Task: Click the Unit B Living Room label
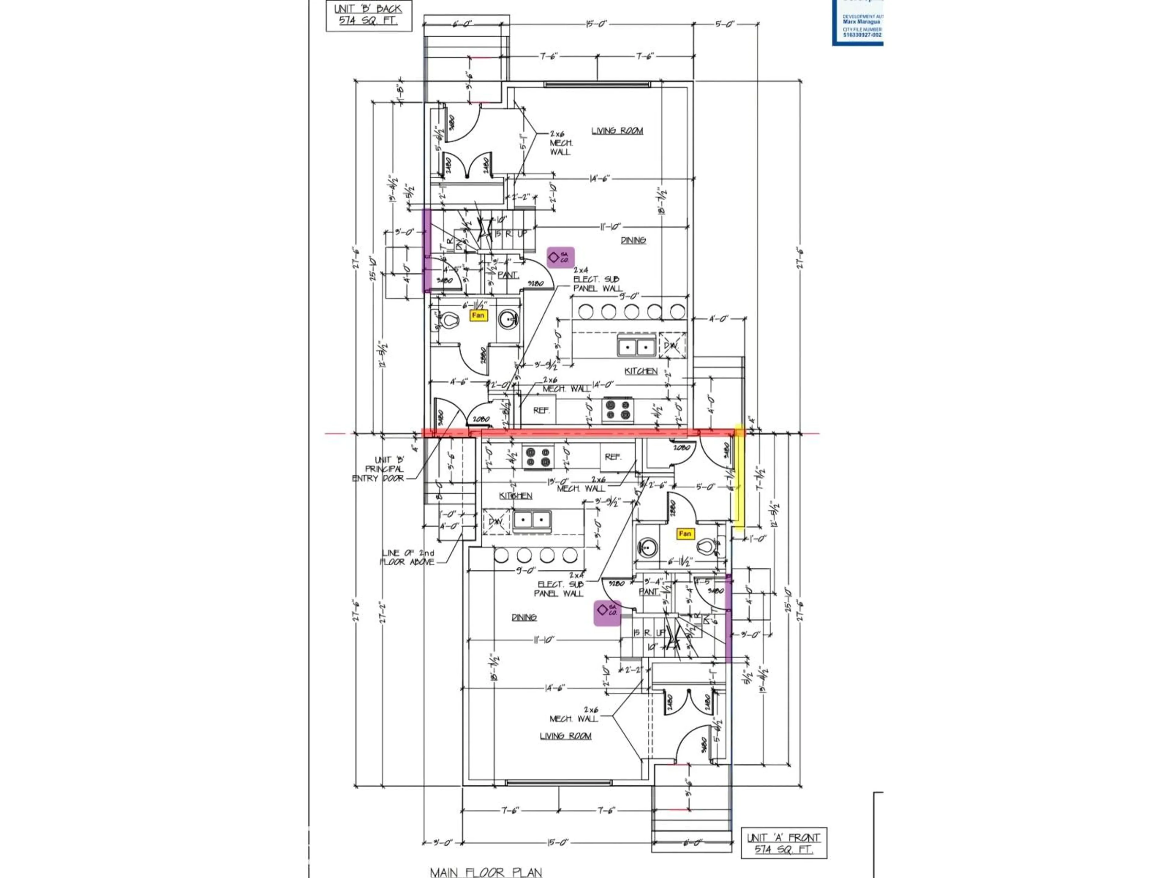617,131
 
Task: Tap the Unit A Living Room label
565,736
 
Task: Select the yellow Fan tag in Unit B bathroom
478,316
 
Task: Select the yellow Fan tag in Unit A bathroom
684,534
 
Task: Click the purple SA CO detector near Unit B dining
560,258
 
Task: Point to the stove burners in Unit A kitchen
538,457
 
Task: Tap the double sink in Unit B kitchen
636,347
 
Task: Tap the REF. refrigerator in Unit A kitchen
612,457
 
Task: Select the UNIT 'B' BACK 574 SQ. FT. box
368,15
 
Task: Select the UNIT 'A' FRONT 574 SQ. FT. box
783,843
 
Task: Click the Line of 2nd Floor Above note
408,557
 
